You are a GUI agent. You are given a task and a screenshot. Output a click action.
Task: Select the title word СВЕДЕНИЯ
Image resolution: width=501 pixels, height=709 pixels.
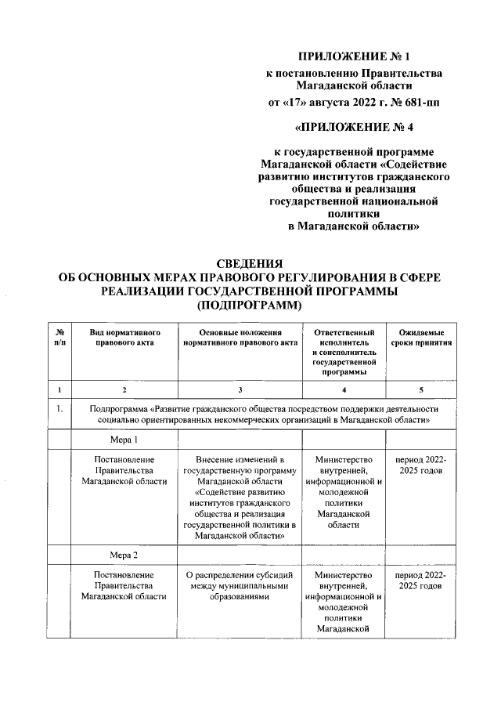pyautogui.click(x=249, y=264)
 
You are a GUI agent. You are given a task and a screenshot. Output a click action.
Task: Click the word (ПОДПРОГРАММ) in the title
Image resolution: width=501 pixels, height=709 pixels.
pyautogui.click(x=249, y=306)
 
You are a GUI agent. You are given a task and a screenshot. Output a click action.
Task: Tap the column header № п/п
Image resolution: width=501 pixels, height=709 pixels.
pyautogui.click(x=58, y=338)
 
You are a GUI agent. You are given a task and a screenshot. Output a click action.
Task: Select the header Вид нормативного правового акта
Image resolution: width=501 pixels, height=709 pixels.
pyautogui.click(x=124, y=338)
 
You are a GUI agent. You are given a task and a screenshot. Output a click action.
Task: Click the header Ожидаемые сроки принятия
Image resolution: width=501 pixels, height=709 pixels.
pyautogui.click(x=422, y=338)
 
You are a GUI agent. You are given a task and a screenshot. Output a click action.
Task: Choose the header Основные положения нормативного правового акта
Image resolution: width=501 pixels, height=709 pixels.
pyautogui.click(x=240, y=338)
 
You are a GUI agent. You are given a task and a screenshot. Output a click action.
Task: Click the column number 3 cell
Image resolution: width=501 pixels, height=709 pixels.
pyautogui.click(x=240, y=389)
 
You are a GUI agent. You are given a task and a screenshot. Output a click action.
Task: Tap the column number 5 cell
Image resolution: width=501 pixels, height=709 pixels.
pyautogui.click(x=422, y=389)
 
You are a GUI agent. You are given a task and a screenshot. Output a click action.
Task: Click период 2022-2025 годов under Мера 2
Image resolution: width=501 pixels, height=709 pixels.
pyautogui.click(x=422, y=580)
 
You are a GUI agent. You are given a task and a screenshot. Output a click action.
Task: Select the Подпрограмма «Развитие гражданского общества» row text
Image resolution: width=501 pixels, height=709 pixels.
pyautogui.click(x=264, y=414)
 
